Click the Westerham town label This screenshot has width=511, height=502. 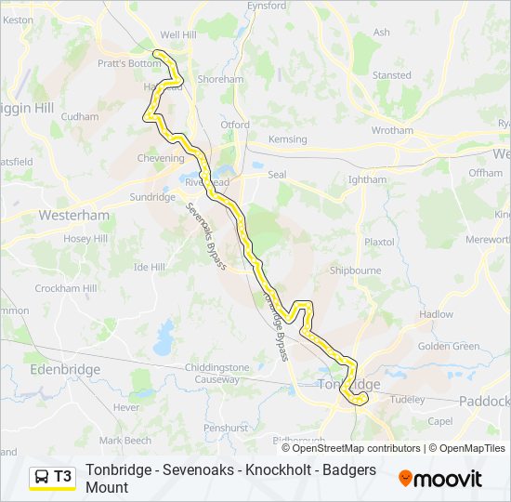point(73,215)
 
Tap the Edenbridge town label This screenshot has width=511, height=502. point(64,369)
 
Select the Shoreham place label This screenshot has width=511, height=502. point(220,80)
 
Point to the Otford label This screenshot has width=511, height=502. point(235,125)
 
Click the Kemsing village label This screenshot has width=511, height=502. point(287,139)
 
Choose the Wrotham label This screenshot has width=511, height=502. point(392,131)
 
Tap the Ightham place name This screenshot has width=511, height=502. point(366,179)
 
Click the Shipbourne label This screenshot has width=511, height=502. point(355,271)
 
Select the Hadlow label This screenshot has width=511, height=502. point(436,314)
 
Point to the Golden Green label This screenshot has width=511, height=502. point(449,347)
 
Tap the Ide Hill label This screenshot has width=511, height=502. point(149,267)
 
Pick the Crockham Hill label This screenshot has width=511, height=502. point(66,289)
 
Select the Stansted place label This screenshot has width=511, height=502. point(391,75)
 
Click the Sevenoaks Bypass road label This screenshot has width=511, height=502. point(206,236)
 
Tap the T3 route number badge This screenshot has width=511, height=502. point(62,477)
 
